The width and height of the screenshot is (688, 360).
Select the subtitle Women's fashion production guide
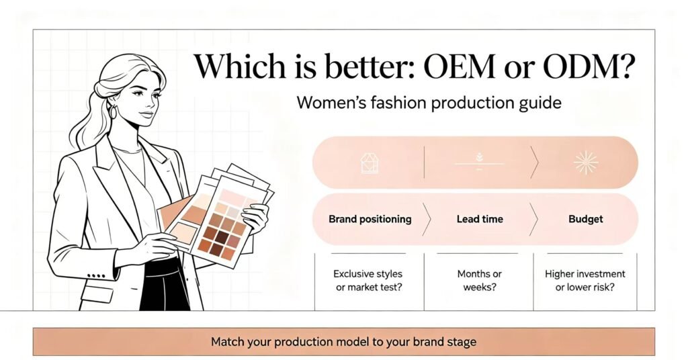429,103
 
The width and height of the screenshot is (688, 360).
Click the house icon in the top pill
370,163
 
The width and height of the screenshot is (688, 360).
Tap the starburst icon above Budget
586,163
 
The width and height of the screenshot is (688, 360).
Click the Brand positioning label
370,219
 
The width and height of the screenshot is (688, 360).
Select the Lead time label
480,219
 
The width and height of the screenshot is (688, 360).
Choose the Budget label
586,219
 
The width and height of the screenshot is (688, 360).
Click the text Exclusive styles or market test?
368,281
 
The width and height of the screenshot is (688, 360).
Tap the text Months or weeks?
479,281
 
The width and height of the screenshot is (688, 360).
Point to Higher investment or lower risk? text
585,281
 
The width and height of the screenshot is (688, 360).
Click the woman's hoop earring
113,112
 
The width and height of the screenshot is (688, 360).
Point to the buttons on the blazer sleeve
97,276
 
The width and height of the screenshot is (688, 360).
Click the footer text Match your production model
343,342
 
